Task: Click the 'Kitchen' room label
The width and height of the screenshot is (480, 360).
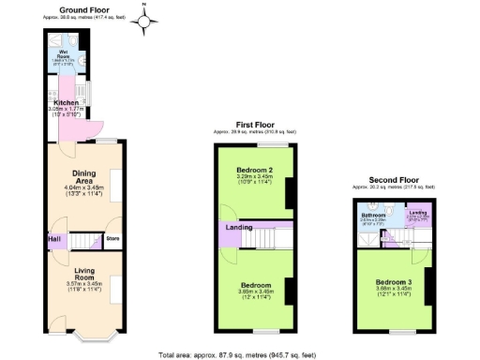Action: [66, 103]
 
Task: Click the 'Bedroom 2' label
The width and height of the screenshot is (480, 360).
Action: [256, 170]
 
